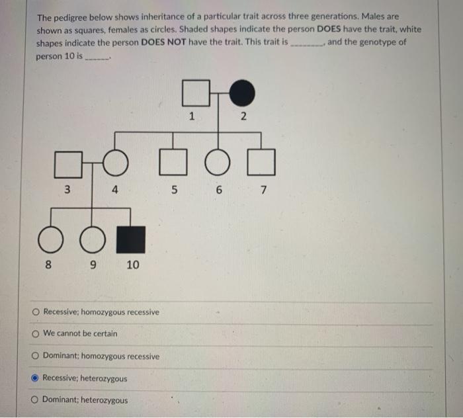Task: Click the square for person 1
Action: point(192,93)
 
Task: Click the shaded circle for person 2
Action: point(242,93)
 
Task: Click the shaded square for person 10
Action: point(130,239)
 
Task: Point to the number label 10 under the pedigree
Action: point(132,265)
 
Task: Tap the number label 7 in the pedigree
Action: point(263,190)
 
